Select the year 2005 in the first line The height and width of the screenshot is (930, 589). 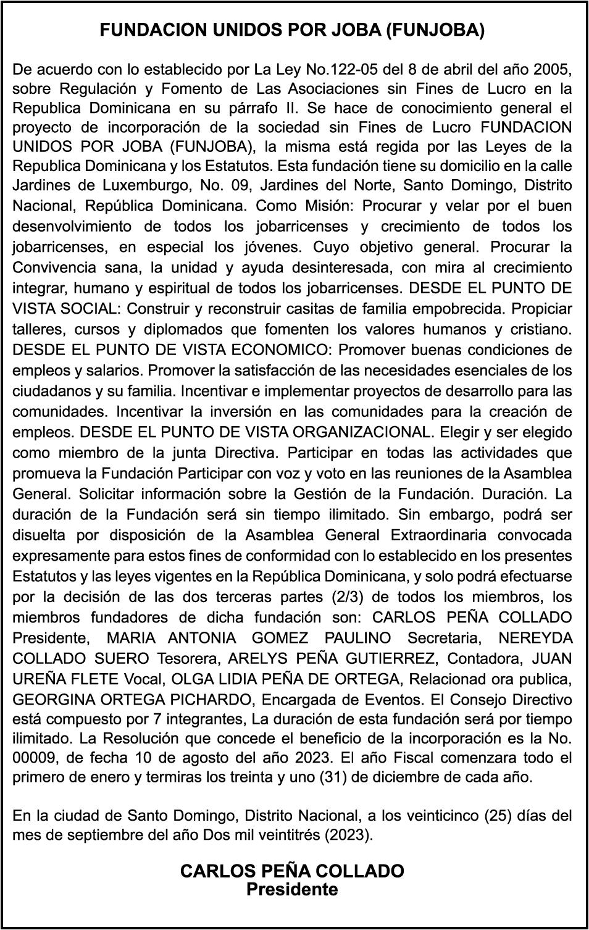552,67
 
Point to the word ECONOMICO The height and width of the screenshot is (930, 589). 280,350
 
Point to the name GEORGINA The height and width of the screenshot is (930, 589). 49,700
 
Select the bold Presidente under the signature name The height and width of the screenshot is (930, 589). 292,890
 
